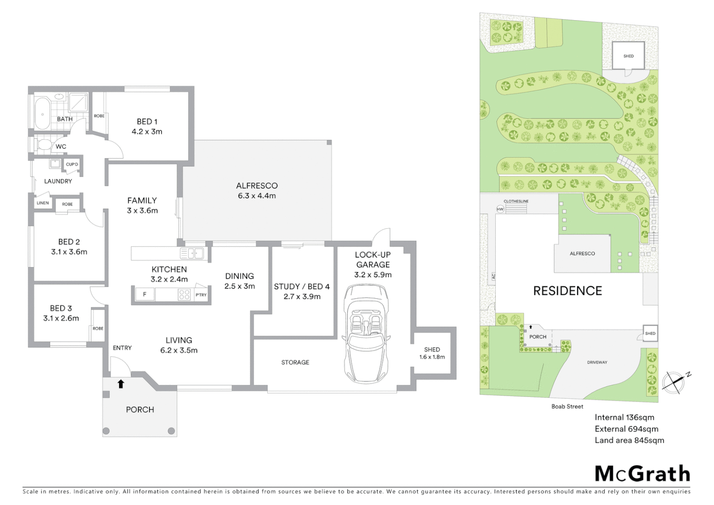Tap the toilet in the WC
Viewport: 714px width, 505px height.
click(x=44, y=145)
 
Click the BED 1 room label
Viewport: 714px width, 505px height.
click(x=147, y=127)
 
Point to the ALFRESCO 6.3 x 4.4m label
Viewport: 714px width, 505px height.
click(x=257, y=191)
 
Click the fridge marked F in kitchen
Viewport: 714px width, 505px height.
click(x=145, y=295)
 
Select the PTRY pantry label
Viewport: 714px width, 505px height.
click(x=201, y=295)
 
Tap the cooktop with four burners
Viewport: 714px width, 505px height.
click(x=185, y=295)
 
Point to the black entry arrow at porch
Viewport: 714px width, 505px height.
click(x=121, y=384)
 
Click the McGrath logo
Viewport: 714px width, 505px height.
click(x=642, y=474)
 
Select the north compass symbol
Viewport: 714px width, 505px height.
click(x=673, y=382)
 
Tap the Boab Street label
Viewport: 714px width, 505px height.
click(x=567, y=406)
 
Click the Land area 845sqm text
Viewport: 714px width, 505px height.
click(x=629, y=440)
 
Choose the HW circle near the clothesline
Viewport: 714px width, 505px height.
click(x=500, y=209)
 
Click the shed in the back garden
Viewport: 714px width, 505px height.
click(x=628, y=56)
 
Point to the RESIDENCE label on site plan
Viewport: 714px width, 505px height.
click(x=567, y=291)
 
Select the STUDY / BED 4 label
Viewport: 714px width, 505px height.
click(x=302, y=291)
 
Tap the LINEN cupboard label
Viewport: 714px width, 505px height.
click(x=43, y=203)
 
